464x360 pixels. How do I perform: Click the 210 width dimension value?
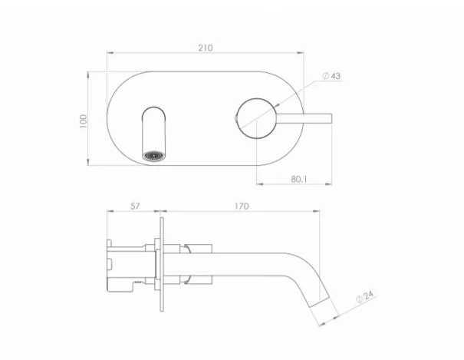point(205,48)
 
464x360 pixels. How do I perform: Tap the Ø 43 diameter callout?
point(331,75)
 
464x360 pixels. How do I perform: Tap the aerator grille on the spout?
point(156,156)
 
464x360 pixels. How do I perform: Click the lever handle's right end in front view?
point(327,117)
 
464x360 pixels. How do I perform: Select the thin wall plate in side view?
point(160,268)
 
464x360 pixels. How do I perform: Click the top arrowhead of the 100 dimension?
point(90,74)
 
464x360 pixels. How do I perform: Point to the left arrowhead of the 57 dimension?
point(108,212)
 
